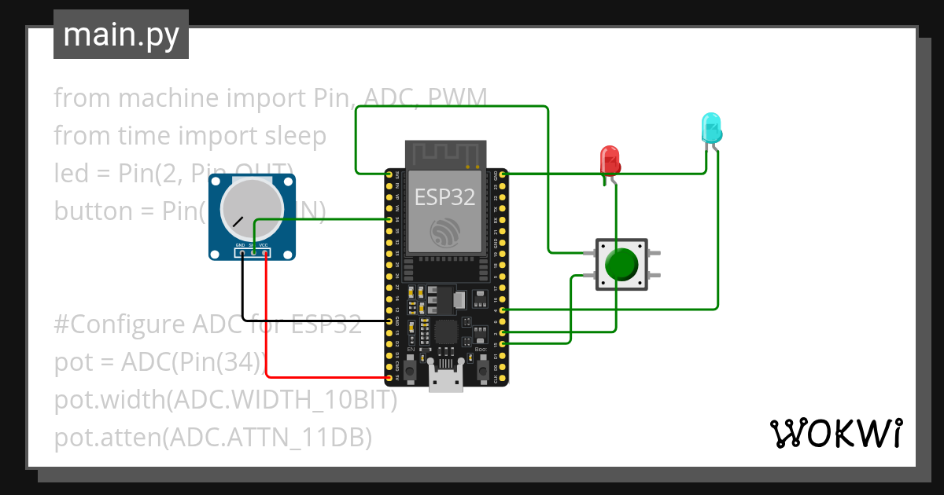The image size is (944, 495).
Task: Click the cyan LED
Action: [710, 126]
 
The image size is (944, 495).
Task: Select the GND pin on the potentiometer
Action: [242, 253]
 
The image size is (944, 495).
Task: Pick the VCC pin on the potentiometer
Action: [266, 253]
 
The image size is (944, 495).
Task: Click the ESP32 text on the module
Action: [445, 197]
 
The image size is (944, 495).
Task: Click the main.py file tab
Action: [121, 35]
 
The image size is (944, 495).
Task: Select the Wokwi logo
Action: [835, 433]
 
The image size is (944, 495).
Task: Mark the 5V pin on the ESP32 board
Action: [389, 378]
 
